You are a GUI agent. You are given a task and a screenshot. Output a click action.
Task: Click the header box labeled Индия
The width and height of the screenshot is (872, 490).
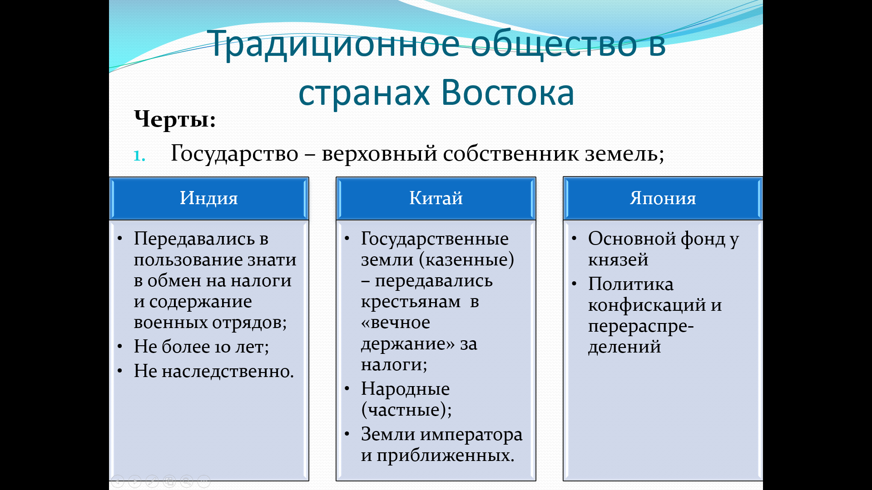[x=209, y=198]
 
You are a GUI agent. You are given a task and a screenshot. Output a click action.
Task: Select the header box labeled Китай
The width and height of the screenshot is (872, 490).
[x=436, y=198]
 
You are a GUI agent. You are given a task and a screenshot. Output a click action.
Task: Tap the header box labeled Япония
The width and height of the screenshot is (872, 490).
[x=663, y=198]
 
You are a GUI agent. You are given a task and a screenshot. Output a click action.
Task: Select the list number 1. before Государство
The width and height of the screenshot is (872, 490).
[x=139, y=156]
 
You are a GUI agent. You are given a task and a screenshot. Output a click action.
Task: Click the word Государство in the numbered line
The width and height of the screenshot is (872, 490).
[x=234, y=154]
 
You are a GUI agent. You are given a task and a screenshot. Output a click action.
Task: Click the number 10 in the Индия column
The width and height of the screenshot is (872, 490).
[x=223, y=348]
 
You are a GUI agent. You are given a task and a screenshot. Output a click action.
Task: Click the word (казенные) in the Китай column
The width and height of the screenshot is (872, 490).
[x=466, y=260]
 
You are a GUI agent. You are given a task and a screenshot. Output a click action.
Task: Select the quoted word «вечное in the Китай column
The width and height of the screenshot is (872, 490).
[x=396, y=323]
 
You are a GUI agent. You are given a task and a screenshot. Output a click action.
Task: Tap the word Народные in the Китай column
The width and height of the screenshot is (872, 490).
[x=405, y=389]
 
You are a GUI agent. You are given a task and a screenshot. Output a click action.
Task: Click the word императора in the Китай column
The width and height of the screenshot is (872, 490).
[x=471, y=435]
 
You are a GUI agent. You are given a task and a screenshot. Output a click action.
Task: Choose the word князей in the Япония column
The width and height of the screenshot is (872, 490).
[x=618, y=260]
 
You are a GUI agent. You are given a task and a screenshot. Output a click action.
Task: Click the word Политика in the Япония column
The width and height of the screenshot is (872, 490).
[x=631, y=284]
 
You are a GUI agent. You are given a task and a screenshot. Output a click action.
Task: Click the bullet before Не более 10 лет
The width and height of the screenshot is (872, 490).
[x=120, y=347]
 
